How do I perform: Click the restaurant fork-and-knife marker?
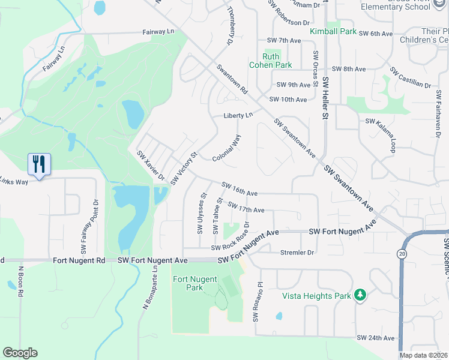point(39,164)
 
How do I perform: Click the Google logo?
point(20,353)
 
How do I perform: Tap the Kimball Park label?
point(333,31)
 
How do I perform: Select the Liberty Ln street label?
point(238,115)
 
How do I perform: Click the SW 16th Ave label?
point(240,188)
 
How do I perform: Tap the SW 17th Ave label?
point(246,206)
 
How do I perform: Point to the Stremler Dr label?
point(297,253)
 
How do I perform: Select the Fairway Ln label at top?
point(158,32)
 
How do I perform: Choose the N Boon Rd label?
point(20,281)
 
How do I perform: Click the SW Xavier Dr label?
point(151,166)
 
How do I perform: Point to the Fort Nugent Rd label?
point(79,260)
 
